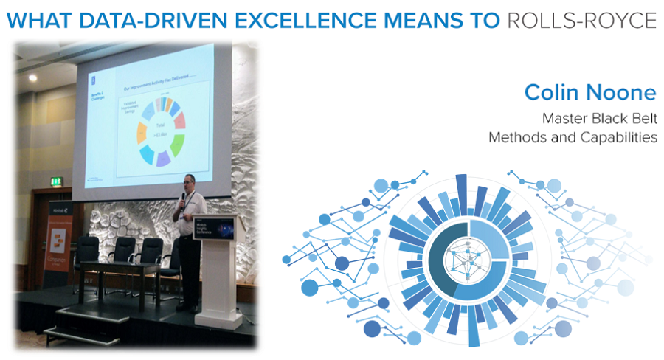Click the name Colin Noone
[x=589, y=92]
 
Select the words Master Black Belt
[x=599, y=118]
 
